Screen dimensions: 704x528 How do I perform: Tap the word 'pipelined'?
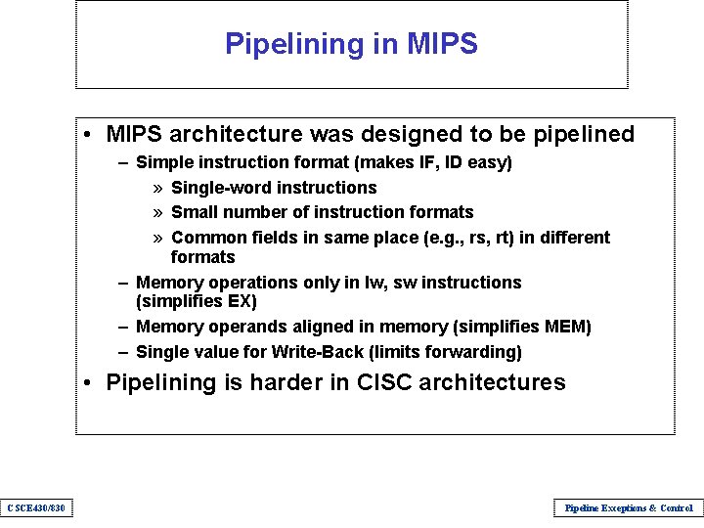point(583,134)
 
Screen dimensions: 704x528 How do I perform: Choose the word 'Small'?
point(194,212)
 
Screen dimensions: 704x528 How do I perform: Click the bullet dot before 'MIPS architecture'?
point(88,135)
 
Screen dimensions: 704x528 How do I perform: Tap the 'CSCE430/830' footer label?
point(35,507)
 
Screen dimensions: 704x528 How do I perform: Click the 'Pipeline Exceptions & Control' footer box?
point(628,507)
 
